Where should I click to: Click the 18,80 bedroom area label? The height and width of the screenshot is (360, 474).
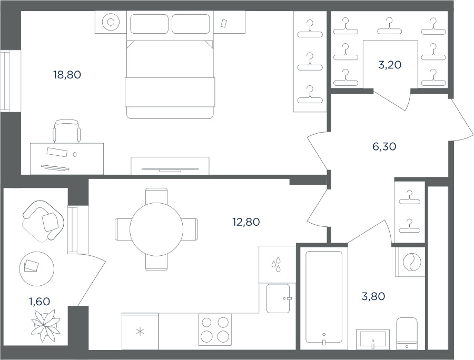pos(67,75)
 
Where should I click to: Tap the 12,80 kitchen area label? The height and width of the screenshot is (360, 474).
pos(246,222)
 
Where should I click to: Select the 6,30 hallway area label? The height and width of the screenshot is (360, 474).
pos(384,146)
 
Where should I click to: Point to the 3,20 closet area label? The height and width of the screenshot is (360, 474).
pos(390,65)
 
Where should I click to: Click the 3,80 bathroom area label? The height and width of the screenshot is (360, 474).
pos(373,296)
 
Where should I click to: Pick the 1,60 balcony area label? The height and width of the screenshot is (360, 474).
pos(39,301)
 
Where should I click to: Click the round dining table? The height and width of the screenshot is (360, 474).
pos(156,229)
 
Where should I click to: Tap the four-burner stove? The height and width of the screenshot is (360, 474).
pos(215,329)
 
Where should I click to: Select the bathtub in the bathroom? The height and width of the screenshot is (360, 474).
pos(324,298)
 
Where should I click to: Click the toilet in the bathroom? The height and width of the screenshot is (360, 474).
pos(407,334)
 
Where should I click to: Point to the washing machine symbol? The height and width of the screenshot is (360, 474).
pos(411,262)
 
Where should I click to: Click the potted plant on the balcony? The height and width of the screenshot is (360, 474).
pos(46,326)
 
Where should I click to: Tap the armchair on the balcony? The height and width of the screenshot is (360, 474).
pos(43,221)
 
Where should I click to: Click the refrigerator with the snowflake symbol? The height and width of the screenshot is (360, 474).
pos(140,331)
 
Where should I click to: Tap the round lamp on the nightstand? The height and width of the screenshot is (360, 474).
pos(111,22)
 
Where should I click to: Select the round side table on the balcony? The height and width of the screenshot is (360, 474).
pos(36,269)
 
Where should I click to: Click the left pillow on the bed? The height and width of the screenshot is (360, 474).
pos(150,24)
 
